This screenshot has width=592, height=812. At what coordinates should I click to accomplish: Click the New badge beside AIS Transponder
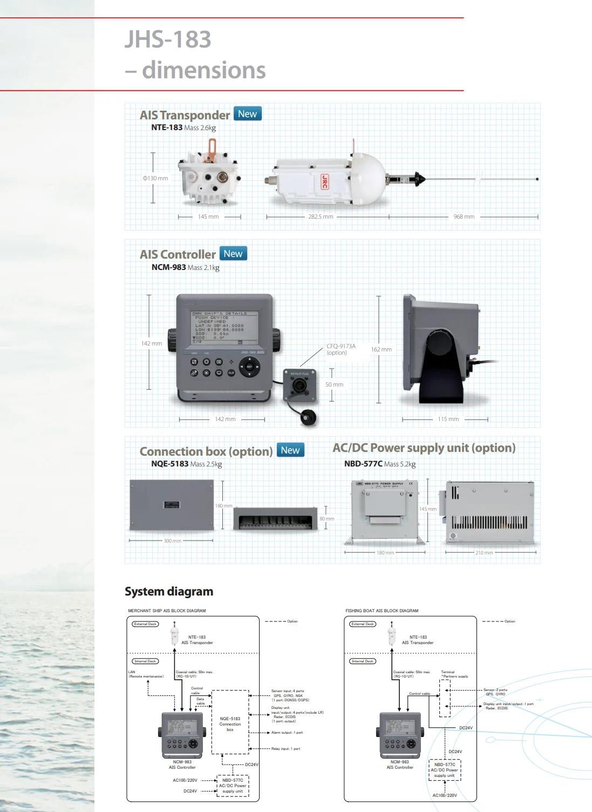click(247, 114)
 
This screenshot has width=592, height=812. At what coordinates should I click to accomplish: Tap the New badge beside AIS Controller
click(233, 254)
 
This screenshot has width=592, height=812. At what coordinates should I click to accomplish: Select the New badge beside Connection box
click(290, 450)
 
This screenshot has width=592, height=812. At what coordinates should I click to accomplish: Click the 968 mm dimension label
click(464, 216)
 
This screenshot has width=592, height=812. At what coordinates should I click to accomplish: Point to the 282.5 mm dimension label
click(321, 216)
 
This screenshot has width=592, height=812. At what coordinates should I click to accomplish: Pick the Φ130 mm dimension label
click(155, 178)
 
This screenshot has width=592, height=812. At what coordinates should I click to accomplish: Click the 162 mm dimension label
click(381, 349)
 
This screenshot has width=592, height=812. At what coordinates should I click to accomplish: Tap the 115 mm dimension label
click(448, 419)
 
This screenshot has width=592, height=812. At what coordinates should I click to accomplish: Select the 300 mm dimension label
click(172, 540)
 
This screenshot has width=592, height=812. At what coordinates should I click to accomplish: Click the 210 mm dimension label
click(484, 553)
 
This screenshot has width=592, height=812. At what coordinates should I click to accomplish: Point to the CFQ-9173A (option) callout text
click(341, 349)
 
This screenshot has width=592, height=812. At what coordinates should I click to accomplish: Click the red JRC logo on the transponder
click(324, 181)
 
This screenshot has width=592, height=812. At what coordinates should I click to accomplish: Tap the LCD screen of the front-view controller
click(224, 327)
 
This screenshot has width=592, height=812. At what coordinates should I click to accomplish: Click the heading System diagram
click(169, 592)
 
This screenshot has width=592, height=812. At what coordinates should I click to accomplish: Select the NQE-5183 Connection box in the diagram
click(230, 724)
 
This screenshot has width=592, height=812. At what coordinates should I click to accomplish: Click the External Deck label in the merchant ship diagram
click(145, 624)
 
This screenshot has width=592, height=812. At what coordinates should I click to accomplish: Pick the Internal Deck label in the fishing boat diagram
click(363, 661)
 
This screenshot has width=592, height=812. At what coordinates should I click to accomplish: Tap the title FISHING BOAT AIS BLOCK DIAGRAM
click(382, 611)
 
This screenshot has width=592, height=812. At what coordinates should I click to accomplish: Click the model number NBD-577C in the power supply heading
click(363, 464)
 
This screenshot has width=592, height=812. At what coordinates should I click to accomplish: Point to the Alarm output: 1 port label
click(287, 733)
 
